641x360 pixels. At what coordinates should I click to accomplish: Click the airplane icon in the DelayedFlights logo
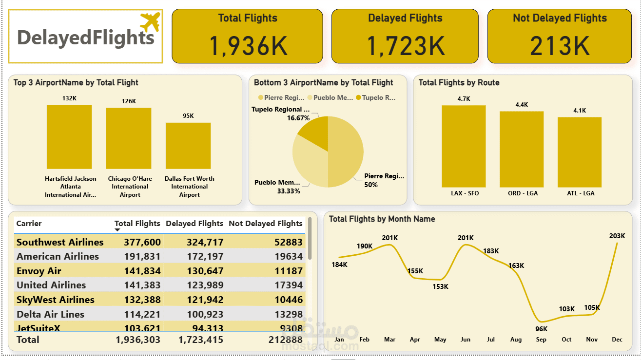click(x=150, y=22)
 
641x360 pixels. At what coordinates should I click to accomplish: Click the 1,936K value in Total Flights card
click(x=248, y=46)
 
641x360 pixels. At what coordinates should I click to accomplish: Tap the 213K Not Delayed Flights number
click(x=560, y=46)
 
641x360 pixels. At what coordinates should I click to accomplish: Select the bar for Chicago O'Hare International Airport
click(x=129, y=138)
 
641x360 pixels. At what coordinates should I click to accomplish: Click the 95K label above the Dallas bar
click(x=188, y=116)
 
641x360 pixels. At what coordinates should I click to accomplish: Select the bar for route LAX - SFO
click(x=464, y=146)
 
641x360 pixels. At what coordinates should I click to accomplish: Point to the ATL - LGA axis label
click(x=580, y=193)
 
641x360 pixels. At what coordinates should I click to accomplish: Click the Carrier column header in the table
click(x=29, y=224)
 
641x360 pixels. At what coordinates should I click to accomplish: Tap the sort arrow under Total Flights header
click(x=117, y=230)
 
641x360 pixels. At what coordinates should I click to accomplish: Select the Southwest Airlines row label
click(x=60, y=242)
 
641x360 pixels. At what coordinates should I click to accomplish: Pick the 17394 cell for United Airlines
click(x=288, y=285)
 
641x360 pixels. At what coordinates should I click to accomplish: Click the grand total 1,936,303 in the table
click(x=138, y=340)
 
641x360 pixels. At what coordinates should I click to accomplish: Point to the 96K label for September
click(x=541, y=329)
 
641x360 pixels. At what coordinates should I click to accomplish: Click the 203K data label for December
click(x=617, y=236)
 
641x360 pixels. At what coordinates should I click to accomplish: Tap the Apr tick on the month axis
click(x=415, y=340)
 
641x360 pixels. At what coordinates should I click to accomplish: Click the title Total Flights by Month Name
click(x=382, y=219)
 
